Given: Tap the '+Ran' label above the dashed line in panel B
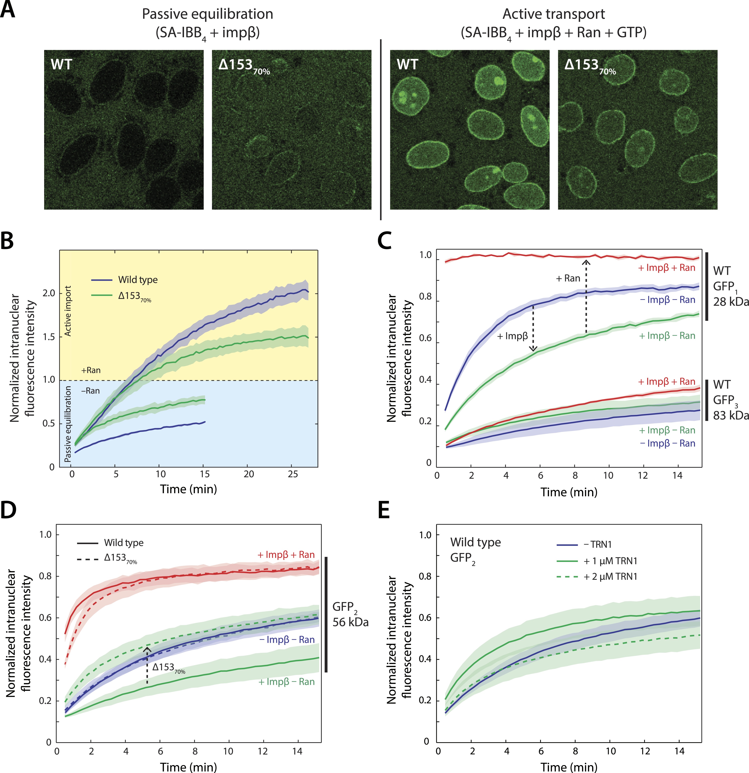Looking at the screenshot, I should (91, 370).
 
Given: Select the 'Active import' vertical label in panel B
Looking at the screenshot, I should (68, 311).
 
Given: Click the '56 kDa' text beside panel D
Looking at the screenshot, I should (350, 622).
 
